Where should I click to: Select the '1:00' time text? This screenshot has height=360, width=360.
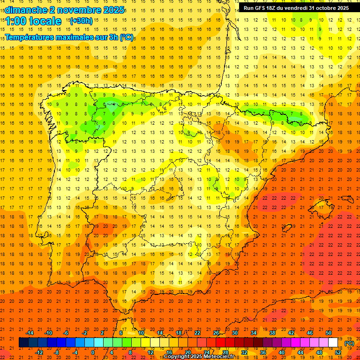[15, 22]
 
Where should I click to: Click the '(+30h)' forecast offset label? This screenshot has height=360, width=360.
[81, 21]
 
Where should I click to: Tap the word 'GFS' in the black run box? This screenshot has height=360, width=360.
[261, 8]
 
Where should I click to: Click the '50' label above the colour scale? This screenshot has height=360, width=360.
[329, 333]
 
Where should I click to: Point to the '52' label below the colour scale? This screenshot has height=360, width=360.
[338, 352]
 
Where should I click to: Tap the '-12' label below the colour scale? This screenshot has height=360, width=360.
[39, 352]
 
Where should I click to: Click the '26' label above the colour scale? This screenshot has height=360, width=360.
[216, 333]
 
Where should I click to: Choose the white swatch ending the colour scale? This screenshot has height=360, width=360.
[333, 343]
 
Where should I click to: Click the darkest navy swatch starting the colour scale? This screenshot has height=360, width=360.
[23, 343]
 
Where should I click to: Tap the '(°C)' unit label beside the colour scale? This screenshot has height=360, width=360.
[349, 343]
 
